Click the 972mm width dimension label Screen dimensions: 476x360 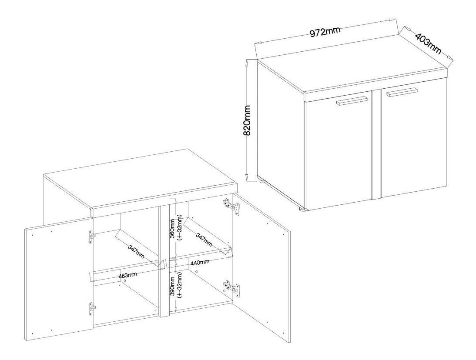pos(325,31)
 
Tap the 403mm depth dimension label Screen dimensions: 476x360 pos(428,43)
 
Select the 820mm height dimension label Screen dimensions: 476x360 pos(247,120)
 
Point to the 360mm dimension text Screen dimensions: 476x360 pos(172,229)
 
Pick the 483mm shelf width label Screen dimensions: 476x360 pos(128,275)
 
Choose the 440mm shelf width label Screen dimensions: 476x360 pos(199,262)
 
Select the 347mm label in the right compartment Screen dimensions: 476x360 pos(204,239)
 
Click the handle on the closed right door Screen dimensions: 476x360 pos(402,92)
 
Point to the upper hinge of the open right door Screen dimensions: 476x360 pos(231,207)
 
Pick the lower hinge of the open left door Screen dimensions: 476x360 pos(92,310)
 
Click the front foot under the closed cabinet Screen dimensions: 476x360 pos(303,209)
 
